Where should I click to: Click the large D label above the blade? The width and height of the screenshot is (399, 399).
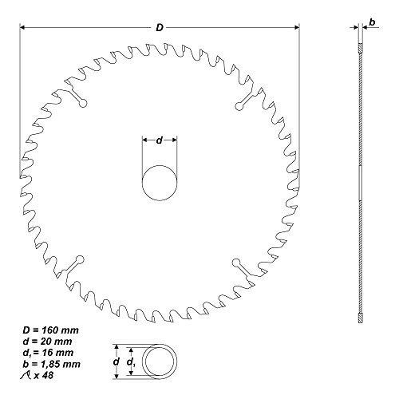click(160, 26)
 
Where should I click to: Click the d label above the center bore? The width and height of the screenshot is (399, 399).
click(160, 140)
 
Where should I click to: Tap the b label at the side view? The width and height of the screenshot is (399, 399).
click(372, 26)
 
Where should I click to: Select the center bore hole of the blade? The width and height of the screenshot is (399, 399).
click(160, 183)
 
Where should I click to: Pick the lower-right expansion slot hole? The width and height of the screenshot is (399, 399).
click(235, 263)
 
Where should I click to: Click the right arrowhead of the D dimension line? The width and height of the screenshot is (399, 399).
click(302, 26)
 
